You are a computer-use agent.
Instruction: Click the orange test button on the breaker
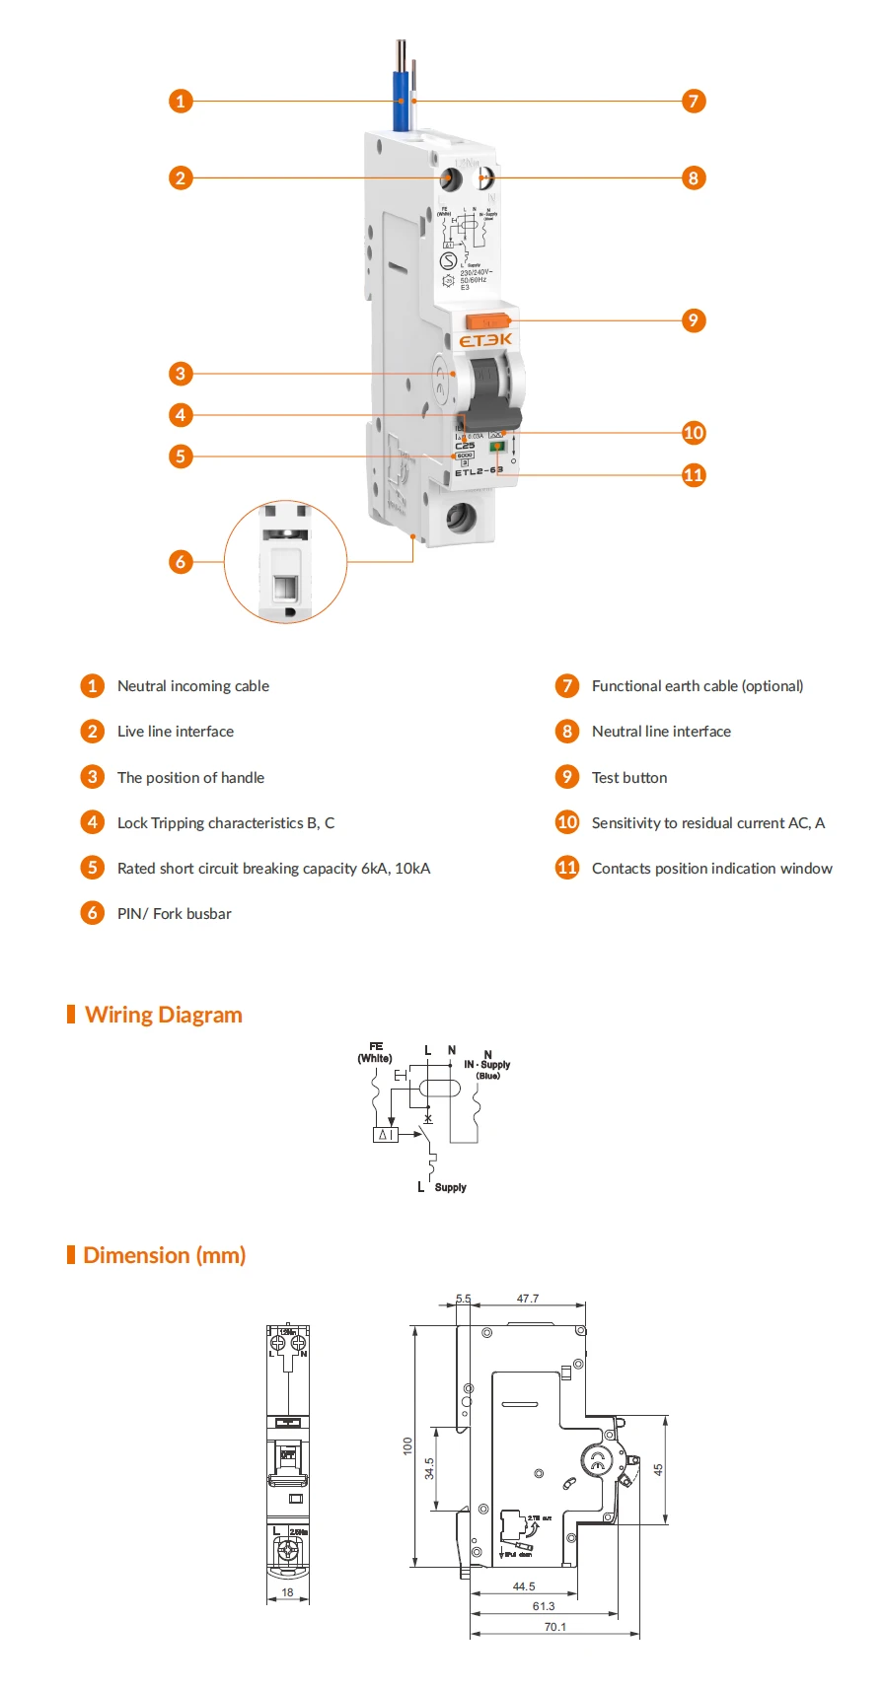[487, 320]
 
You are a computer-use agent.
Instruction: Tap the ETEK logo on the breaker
[485, 340]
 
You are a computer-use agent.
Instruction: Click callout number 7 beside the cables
[694, 101]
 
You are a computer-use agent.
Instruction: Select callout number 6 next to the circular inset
[180, 562]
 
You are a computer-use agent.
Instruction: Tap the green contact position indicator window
[496, 447]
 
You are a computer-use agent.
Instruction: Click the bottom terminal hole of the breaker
[460, 517]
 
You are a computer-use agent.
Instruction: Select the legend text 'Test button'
[629, 778]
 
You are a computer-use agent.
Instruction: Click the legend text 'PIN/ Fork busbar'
[174, 914]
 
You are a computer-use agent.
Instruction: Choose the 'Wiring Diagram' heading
[163, 1015]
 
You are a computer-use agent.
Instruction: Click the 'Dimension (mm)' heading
[164, 1255]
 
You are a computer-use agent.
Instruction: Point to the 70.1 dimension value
[555, 1627]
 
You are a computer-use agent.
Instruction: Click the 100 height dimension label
[407, 1445]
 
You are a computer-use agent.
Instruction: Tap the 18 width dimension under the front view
[287, 1591]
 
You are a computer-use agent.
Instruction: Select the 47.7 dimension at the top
[528, 1299]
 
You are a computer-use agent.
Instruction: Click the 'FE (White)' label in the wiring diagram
[375, 1052]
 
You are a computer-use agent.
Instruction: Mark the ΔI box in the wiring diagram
[385, 1135]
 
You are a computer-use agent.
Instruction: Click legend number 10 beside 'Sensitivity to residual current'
[567, 822]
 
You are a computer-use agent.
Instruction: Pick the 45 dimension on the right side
[658, 1469]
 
